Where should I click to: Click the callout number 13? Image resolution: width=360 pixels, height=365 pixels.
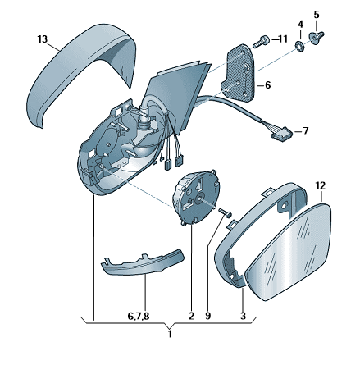point(43,39)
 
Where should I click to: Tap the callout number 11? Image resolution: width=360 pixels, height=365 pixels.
point(282,39)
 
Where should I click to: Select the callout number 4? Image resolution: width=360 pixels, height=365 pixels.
point(300,25)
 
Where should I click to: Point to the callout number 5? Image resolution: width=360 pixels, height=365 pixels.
point(317,15)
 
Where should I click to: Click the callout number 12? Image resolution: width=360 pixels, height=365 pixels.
point(321,186)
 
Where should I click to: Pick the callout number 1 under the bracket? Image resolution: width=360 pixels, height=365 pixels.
point(170,334)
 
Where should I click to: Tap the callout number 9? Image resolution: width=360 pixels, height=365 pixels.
point(208,316)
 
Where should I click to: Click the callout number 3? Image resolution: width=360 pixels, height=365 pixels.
point(243,316)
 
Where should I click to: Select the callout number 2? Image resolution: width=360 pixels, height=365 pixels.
point(191,316)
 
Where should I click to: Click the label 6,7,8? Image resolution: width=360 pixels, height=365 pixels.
point(139,317)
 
